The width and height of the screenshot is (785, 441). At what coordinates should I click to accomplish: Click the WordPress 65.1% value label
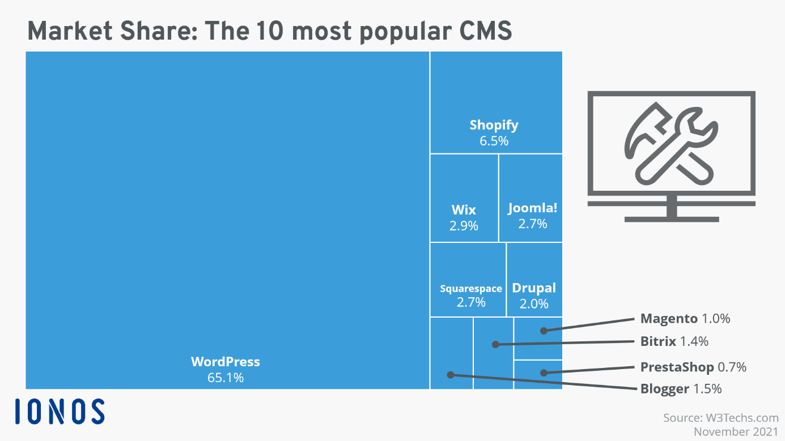tap(226, 378)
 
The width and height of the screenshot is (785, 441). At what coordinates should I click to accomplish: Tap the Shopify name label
tap(494, 125)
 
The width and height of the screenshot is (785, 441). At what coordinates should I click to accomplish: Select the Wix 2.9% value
tap(464, 226)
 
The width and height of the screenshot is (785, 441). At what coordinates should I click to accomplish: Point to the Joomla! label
tap(532, 208)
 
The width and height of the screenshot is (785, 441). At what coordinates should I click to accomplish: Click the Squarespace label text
tap(471, 289)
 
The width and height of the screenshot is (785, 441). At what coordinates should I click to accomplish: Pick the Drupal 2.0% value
tap(534, 303)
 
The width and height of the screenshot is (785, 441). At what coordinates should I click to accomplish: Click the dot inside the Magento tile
tap(544, 330)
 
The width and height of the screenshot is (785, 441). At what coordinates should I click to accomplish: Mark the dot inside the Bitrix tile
tap(495, 344)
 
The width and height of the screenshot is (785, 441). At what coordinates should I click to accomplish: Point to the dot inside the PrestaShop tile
tap(544, 373)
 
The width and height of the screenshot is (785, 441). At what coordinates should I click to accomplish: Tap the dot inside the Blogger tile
tap(450, 374)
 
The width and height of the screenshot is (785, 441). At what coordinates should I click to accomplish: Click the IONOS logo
tap(60, 412)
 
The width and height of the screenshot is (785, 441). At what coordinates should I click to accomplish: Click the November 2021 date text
tap(736, 432)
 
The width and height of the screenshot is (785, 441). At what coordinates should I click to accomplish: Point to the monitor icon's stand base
tap(671, 217)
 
